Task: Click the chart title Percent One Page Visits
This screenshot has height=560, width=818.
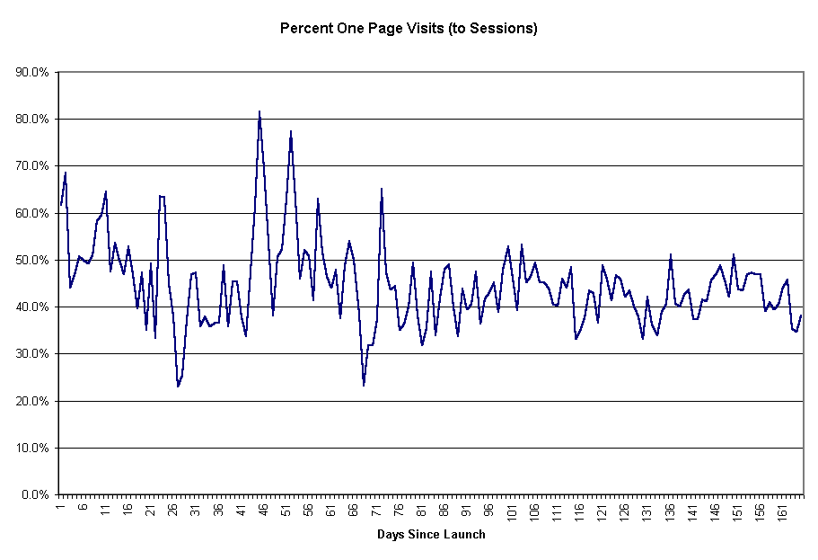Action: click(409, 28)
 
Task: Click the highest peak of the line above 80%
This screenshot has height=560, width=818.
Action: click(259, 112)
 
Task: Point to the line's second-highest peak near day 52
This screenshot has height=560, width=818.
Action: click(291, 132)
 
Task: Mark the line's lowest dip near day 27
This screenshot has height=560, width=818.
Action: click(178, 387)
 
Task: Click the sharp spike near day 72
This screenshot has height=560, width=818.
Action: click(382, 189)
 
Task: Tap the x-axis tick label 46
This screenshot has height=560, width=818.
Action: click(264, 510)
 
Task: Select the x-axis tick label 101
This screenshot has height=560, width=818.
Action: click(513, 512)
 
